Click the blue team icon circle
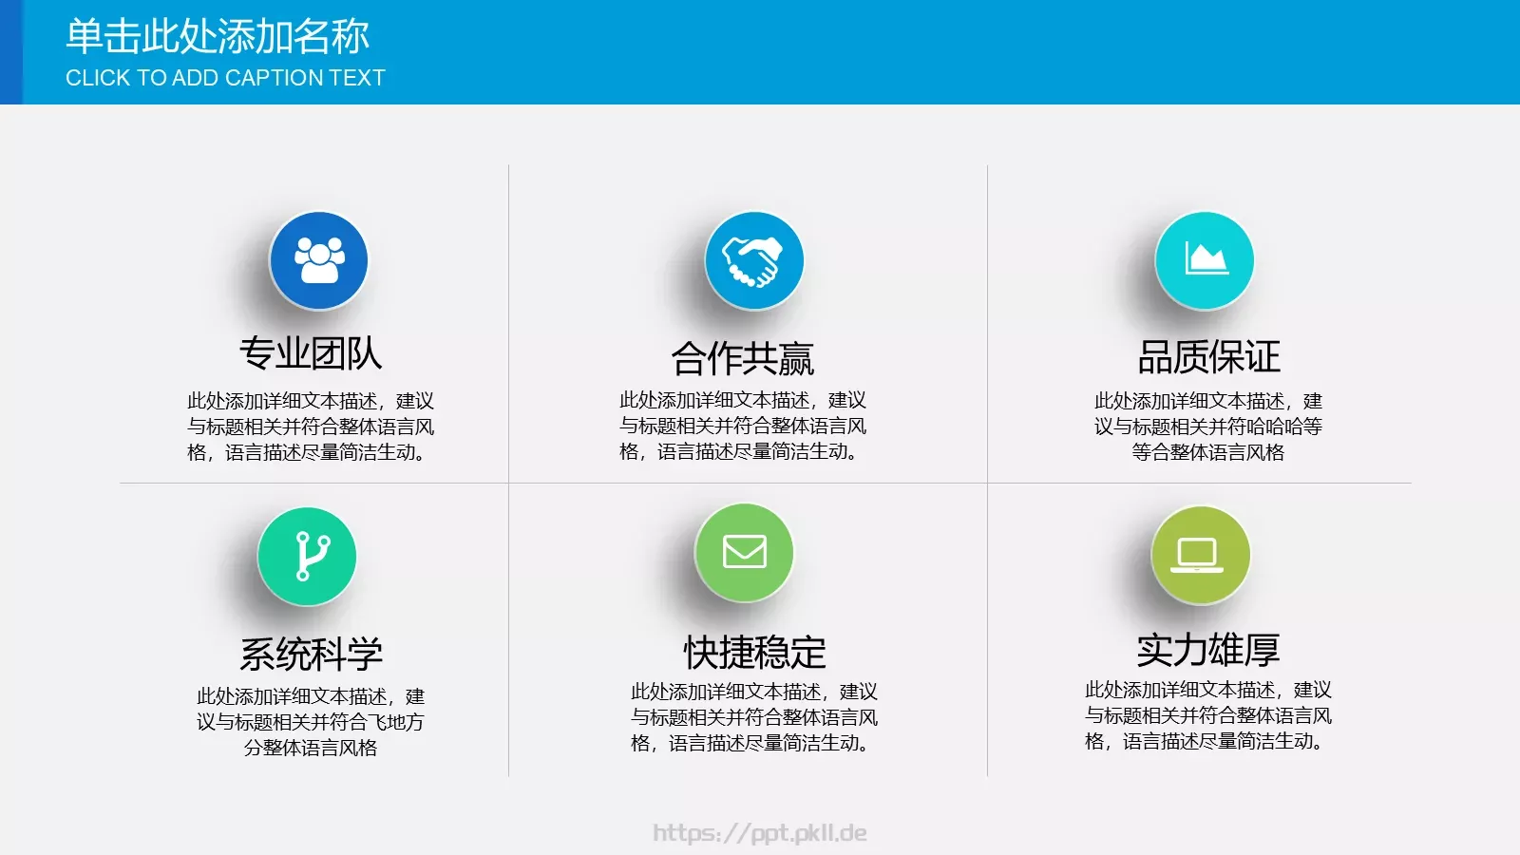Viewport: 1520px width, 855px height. tap(318, 260)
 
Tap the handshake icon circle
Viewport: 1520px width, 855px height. tap(753, 260)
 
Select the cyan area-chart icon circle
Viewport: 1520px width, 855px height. tap(1204, 260)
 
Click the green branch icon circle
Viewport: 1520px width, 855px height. tap(307, 556)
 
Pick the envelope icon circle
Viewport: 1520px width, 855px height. tap(744, 552)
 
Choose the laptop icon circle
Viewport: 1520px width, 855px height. tap(1200, 555)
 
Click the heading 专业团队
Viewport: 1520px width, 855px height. tap(311, 353)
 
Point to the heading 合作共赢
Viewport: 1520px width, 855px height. tap(743, 358)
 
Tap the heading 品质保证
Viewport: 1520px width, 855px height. tap(1208, 357)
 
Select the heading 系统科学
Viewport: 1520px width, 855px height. tap(311, 654)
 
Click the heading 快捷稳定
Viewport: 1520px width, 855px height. tap(754, 653)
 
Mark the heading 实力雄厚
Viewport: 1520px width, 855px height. tap(1207, 650)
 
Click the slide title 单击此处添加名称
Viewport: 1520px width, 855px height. tap(218, 37)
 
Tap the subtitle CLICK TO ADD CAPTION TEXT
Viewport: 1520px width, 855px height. tap(225, 78)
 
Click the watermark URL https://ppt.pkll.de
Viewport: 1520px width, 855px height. tap(760, 833)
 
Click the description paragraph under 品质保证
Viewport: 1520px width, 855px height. tap(1207, 427)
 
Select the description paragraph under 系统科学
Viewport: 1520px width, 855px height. tap(311, 722)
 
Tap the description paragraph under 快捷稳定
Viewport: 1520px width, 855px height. tap(754, 717)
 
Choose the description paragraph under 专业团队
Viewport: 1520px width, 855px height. tap(311, 427)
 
